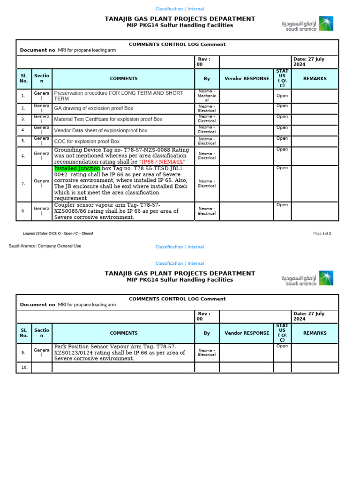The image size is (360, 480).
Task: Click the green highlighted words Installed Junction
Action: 77,168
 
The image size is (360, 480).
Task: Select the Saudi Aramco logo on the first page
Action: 307,24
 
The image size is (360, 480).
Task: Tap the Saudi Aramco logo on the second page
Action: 307,278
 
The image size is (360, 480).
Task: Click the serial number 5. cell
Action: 23,141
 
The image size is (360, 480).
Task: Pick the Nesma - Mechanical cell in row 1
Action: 207,96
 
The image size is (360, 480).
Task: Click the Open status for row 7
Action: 282,168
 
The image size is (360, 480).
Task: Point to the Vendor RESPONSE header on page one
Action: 247,79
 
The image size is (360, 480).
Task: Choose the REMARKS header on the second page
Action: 315,333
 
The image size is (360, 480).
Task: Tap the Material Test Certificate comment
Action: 108,119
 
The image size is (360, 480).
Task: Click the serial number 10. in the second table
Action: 24,368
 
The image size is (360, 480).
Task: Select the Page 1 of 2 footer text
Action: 322,233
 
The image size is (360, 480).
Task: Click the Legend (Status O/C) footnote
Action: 58,233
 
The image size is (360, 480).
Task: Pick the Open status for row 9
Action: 282,346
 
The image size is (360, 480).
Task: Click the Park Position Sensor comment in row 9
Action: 119,352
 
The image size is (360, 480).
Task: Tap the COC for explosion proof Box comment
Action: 87,141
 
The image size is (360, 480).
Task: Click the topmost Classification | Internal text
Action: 180,9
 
